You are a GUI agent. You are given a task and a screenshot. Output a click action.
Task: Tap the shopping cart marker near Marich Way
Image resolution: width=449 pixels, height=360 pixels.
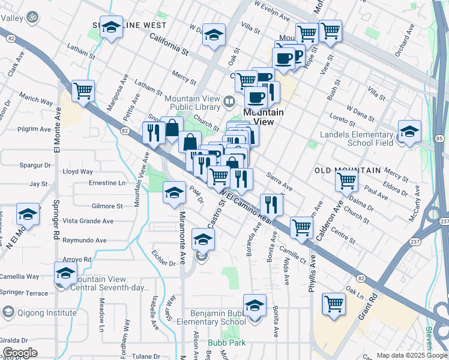coord(83,91)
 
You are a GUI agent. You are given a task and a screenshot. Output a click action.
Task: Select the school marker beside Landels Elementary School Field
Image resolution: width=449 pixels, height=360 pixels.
coord(409,131)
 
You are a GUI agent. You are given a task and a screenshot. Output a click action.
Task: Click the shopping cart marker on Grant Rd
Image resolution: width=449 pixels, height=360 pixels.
coord(334,303)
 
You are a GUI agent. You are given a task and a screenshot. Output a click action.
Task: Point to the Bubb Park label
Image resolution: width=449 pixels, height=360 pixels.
coord(223,344)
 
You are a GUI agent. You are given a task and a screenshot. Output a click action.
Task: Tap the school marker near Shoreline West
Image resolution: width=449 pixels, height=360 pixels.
coord(111,27)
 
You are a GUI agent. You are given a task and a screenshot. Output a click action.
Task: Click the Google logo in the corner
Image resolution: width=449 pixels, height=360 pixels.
coord(20,353)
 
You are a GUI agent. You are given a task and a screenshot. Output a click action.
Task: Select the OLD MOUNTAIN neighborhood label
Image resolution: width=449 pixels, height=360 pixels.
coord(347,170)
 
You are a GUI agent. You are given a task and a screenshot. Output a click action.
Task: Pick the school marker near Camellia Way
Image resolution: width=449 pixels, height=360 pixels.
coord(65,274)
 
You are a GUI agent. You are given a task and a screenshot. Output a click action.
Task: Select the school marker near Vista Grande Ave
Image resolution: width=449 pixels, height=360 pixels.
coord(28,214)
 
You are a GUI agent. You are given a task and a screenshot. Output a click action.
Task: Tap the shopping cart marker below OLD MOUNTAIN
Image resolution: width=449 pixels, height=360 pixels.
coord(347,180)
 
